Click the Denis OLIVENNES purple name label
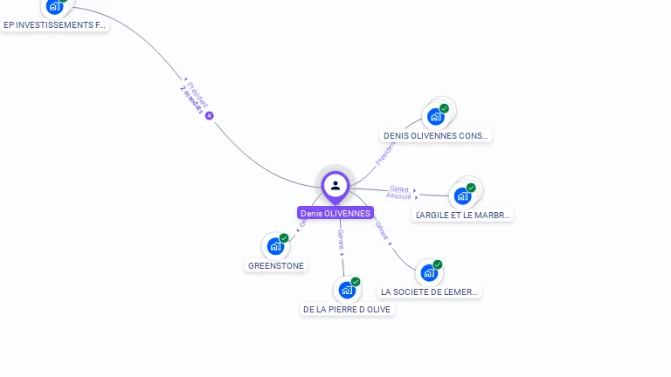click(x=335, y=213)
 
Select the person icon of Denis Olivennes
click(x=335, y=185)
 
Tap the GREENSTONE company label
click(x=276, y=265)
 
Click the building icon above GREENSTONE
click(x=275, y=246)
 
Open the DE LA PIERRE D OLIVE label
click(x=347, y=309)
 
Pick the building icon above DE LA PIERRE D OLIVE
click(x=347, y=290)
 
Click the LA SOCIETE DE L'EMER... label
click(x=430, y=291)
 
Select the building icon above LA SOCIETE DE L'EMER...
click(x=428, y=272)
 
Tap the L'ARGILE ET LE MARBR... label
click(x=463, y=215)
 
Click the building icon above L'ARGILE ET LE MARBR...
click(x=462, y=195)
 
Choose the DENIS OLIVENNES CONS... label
click(x=436, y=135)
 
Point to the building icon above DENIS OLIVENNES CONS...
click(x=435, y=116)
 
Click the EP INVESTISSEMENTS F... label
click(x=54, y=25)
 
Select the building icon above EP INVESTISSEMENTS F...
click(x=54, y=6)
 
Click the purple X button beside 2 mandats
click(x=210, y=115)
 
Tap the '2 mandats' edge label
click(x=192, y=101)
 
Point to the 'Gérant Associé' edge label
click(x=399, y=193)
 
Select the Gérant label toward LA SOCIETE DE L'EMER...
click(x=382, y=230)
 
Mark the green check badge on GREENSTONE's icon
click(x=284, y=238)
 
